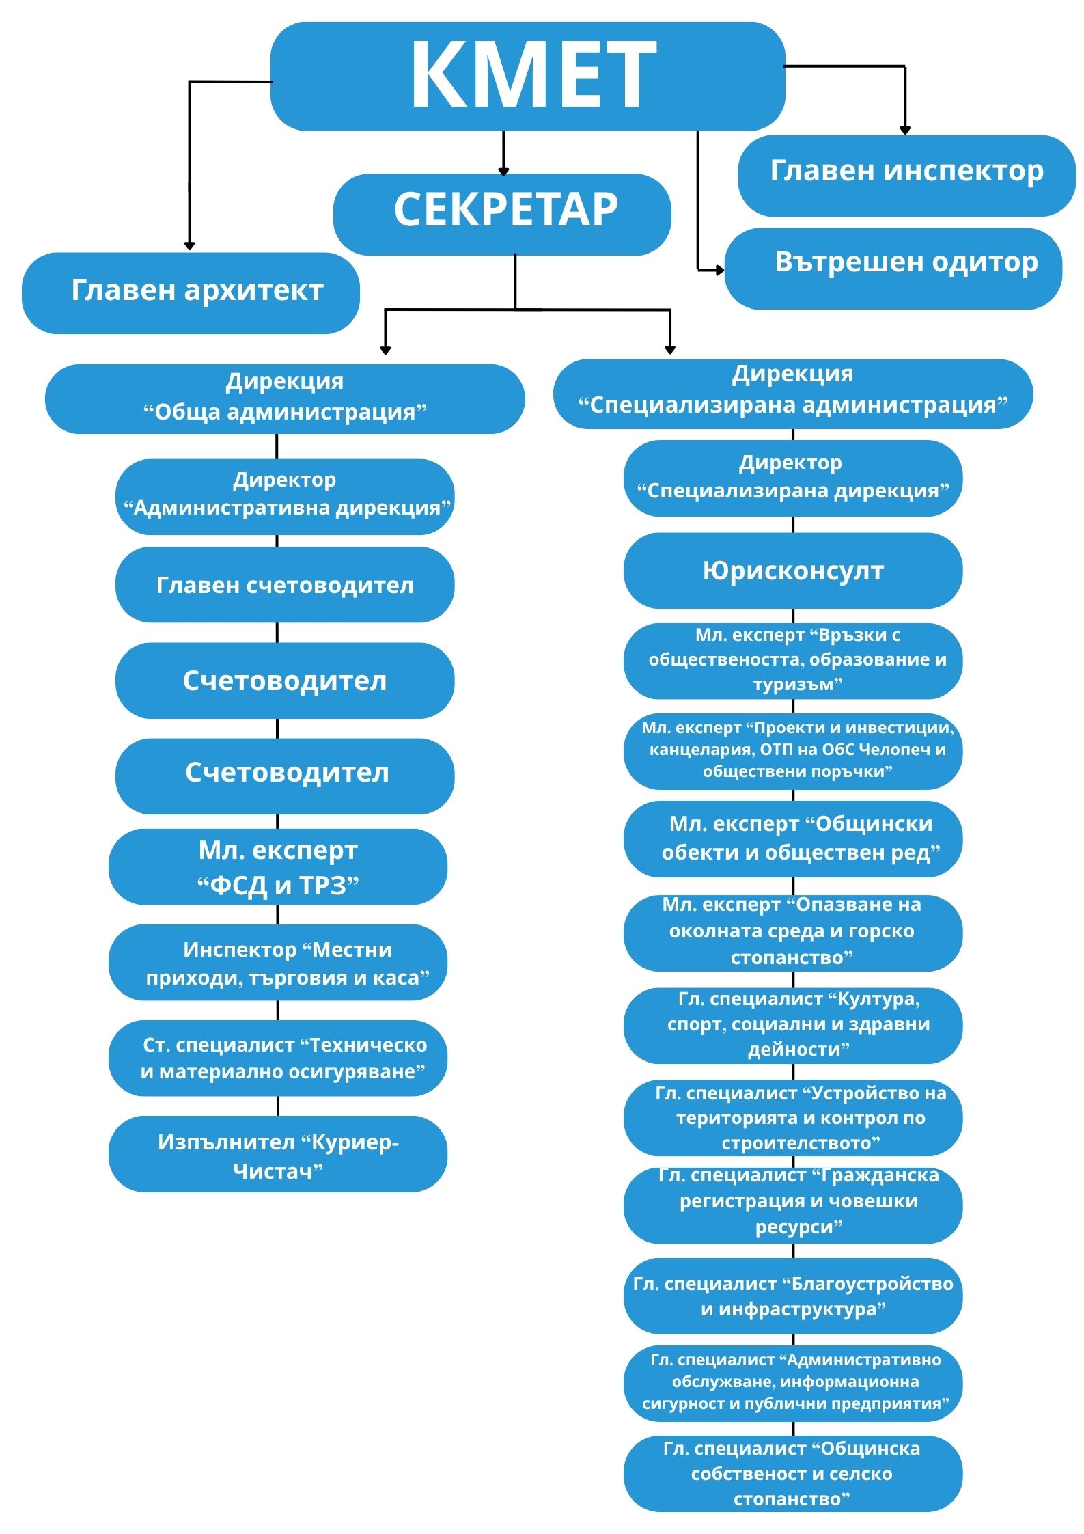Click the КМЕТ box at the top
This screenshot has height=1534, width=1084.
point(527,75)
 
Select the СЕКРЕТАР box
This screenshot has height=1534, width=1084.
point(502,214)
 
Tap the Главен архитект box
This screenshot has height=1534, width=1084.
point(191,292)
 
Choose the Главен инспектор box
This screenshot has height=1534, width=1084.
point(906,175)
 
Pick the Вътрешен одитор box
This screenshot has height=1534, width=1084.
point(893,268)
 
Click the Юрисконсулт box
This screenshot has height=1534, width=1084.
point(792,571)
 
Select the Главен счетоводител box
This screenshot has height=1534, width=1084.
point(284,584)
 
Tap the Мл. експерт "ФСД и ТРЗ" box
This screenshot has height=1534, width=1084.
point(277,866)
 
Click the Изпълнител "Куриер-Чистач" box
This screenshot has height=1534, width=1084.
point(277,1156)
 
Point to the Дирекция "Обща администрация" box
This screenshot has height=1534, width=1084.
point(284,398)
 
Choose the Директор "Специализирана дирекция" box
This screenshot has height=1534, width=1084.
point(792,477)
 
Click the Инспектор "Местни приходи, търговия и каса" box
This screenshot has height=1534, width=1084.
point(277,962)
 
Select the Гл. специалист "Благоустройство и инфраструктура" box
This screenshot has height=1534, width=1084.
point(792,1296)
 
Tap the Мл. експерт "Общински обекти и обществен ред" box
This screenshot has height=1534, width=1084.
point(792,838)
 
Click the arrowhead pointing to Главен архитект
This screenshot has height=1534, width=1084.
point(190,245)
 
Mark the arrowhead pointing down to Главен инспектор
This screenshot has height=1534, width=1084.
point(905,130)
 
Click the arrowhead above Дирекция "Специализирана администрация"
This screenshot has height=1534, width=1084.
point(670,350)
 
